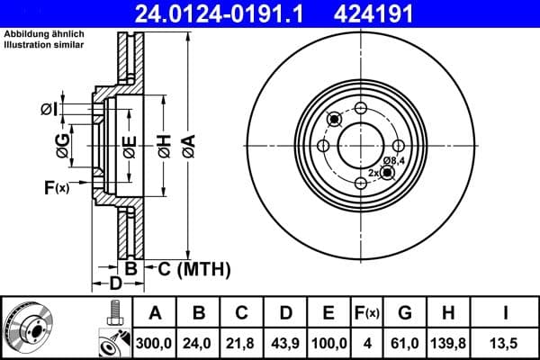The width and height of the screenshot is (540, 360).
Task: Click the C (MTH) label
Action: point(194,268)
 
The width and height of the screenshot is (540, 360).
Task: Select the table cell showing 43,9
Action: point(285,343)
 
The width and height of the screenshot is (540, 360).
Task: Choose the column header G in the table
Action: point(404,313)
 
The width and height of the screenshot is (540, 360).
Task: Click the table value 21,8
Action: point(242,343)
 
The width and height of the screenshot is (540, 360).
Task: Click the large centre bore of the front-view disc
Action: point(360,145)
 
